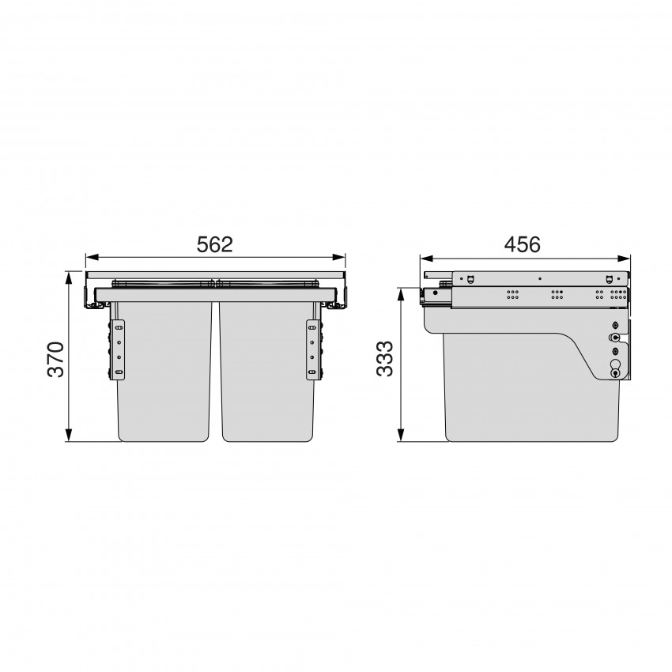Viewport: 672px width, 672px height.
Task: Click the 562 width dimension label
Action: click(214, 245)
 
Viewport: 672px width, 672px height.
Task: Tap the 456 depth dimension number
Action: click(522, 245)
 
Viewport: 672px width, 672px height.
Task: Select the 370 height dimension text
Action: click(55, 359)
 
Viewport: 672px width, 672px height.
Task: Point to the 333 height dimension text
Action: click(384, 359)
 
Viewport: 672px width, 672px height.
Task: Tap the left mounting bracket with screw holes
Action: click(119, 349)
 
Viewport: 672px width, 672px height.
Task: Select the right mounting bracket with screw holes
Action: click(312, 349)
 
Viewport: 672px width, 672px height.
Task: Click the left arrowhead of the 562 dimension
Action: click(92, 258)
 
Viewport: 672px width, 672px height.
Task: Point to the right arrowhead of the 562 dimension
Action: click(339, 258)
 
